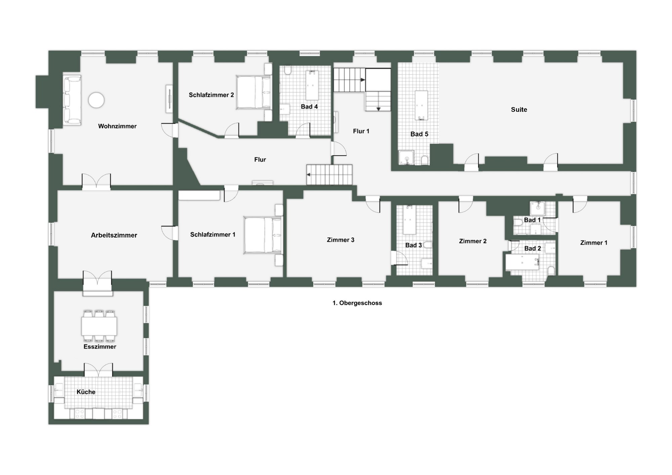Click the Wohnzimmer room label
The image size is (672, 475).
(x=117, y=126)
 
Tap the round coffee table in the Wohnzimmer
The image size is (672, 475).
(x=96, y=100)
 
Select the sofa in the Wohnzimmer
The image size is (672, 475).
(x=72, y=100)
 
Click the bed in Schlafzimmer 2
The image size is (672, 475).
(x=254, y=92)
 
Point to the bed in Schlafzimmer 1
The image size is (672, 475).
(x=263, y=235)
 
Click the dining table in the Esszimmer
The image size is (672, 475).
(x=99, y=326)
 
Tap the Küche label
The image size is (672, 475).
(x=86, y=392)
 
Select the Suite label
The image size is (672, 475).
(x=519, y=110)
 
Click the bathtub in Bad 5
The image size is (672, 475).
(x=421, y=105)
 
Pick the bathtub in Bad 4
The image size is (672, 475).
(x=312, y=85)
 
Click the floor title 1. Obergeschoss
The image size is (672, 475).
(x=357, y=303)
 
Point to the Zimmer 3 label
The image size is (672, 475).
(x=341, y=240)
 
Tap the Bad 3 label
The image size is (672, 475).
(x=413, y=245)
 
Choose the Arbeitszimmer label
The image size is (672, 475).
(x=114, y=235)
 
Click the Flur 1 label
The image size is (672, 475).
(x=361, y=131)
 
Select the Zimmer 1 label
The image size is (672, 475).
(x=594, y=243)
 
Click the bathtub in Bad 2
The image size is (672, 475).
(x=522, y=262)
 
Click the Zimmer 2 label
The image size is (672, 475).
(x=473, y=241)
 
